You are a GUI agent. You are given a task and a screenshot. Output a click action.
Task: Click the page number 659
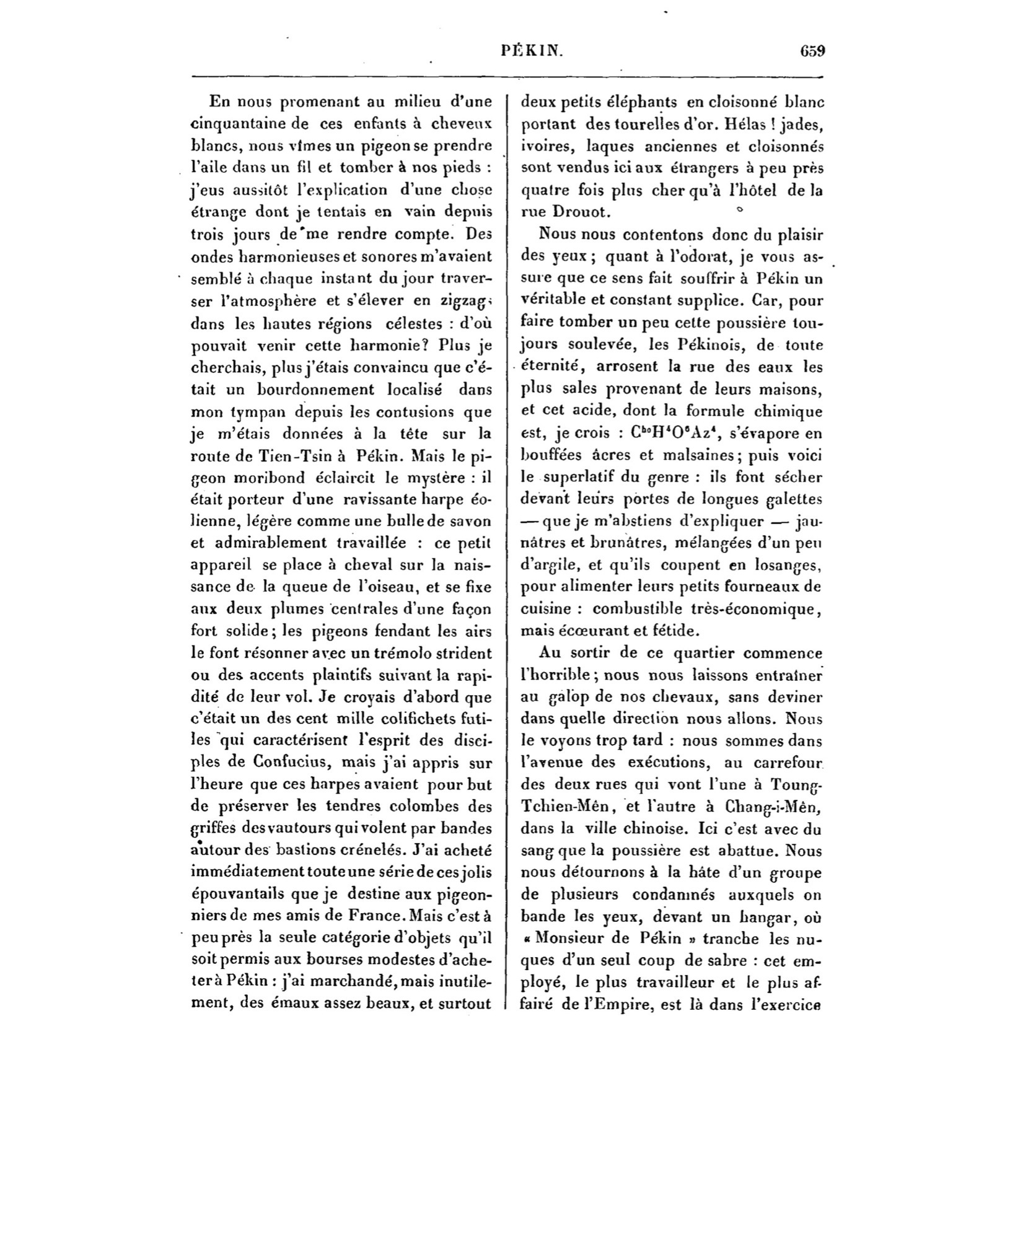pyautogui.click(x=812, y=51)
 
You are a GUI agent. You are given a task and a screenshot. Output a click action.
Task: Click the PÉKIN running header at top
pyautogui.click(x=532, y=52)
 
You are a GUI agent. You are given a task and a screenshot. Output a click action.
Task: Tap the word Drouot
pyautogui.click(x=576, y=212)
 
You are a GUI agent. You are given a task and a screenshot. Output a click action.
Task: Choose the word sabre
pyautogui.click(x=720, y=960)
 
